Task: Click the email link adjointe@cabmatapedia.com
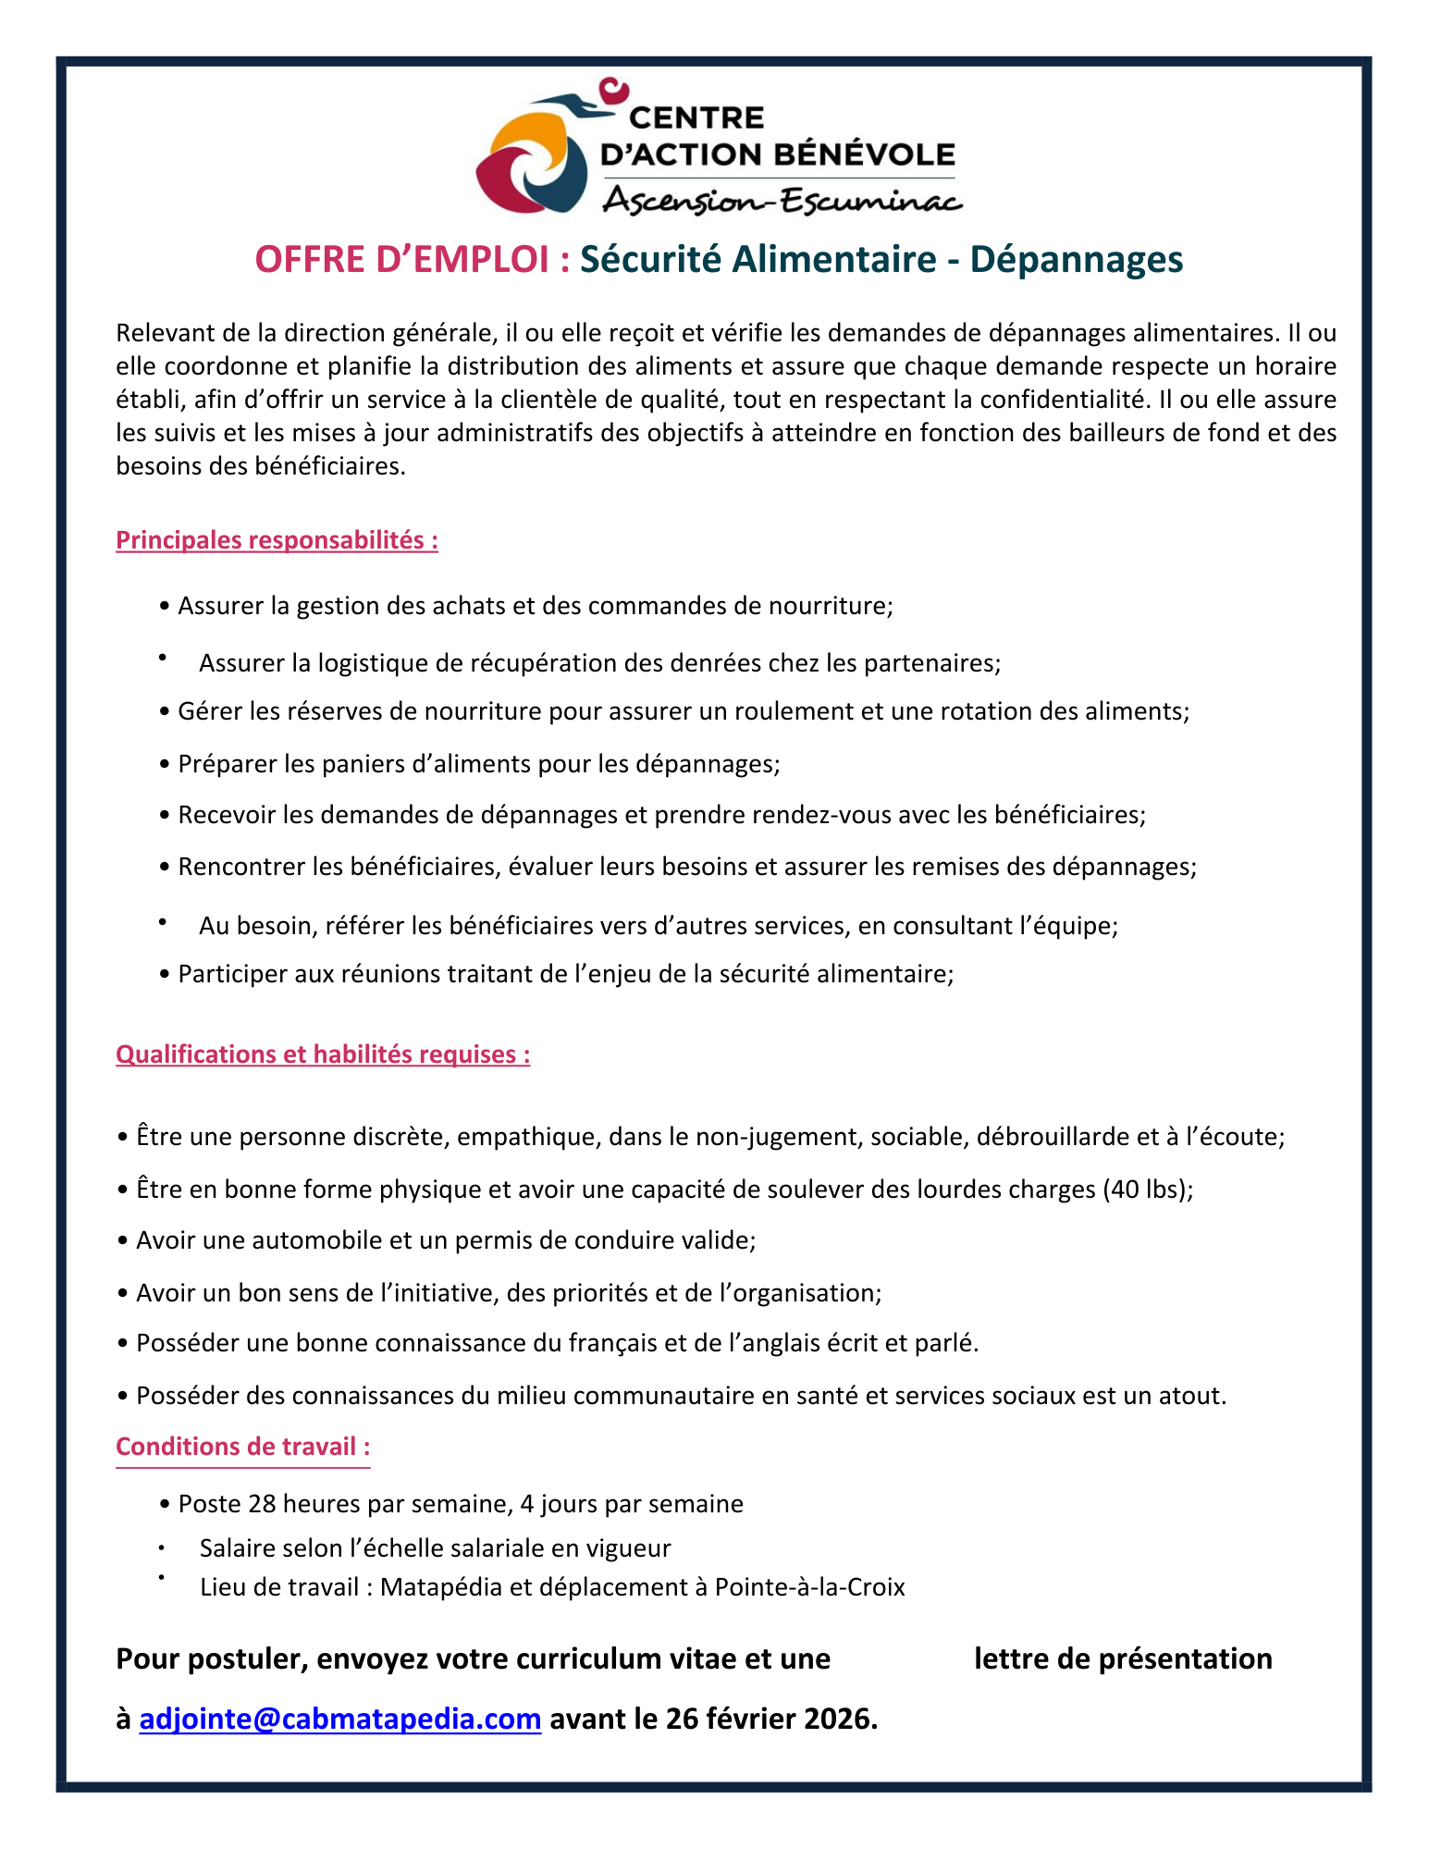tap(339, 1719)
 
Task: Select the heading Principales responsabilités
tap(277, 540)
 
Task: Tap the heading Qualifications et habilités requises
tap(323, 1054)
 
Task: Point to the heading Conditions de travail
tap(242, 1447)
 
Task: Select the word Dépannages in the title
tap(1076, 260)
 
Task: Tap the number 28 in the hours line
tap(262, 1504)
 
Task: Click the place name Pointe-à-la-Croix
tap(810, 1587)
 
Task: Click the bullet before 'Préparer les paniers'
tap(165, 765)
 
